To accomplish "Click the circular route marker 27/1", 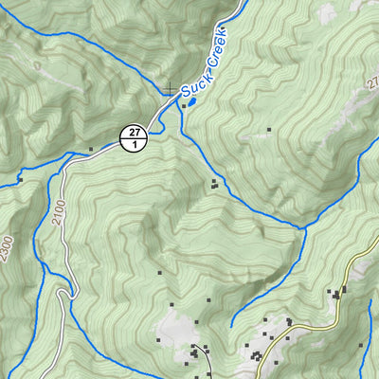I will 135,137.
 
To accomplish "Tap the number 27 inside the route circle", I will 135,131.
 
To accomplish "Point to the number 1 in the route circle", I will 135,144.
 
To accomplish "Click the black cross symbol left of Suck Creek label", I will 169,89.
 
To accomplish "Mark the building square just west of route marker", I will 91,149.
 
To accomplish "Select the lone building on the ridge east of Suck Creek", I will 269,130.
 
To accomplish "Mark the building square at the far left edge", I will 18,177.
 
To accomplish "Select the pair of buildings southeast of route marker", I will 215,183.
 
